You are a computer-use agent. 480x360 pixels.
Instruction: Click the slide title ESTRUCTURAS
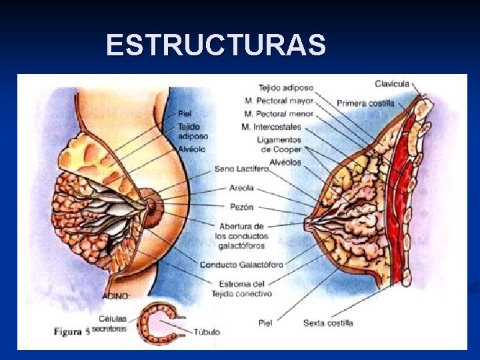(215, 46)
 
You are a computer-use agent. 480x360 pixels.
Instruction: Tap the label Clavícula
(392, 84)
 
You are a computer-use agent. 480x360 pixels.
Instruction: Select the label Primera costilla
(365, 103)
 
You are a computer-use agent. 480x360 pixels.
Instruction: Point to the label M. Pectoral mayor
(278, 101)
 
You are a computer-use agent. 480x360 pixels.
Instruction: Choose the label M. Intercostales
(271, 127)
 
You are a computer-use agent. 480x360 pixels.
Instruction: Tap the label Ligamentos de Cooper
(279, 145)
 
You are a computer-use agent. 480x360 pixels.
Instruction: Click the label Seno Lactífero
(241, 169)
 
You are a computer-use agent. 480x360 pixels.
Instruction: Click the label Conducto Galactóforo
(241, 265)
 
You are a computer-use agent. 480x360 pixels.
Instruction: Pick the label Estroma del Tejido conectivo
(242, 289)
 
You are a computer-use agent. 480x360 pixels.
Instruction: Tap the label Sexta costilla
(328, 323)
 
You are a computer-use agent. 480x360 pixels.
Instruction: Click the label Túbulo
(207, 331)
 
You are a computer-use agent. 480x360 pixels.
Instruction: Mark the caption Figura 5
(71, 331)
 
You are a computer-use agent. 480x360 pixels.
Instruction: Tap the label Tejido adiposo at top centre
(286, 88)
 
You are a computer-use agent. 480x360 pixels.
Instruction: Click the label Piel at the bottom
(265, 323)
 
